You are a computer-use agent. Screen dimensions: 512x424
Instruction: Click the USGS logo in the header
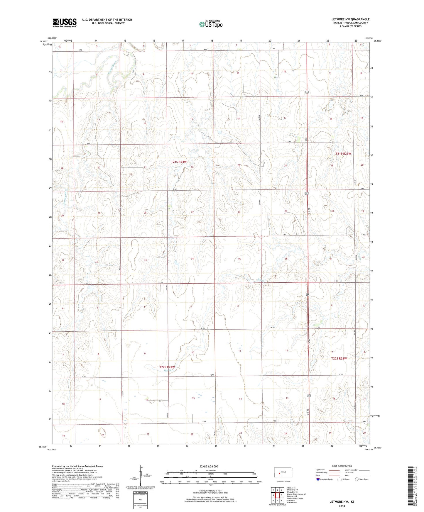click(x=65, y=22)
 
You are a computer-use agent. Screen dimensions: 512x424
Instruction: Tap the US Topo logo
click(x=210, y=24)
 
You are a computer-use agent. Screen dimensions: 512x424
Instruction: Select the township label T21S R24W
click(x=179, y=162)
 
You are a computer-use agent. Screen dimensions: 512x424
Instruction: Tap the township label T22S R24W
click(x=167, y=367)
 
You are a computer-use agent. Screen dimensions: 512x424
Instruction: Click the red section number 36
click(x=286, y=259)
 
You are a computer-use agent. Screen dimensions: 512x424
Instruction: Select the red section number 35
click(x=239, y=259)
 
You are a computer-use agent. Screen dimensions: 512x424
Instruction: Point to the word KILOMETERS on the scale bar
click(x=210, y=470)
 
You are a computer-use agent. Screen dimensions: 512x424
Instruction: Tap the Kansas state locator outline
click(x=281, y=472)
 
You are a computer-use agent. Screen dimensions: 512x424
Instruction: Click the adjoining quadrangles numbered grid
click(x=277, y=496)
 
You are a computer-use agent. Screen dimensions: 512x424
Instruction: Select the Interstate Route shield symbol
click(x=318, y=479)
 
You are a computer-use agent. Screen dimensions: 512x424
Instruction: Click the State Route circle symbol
click(x=357, y=479)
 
